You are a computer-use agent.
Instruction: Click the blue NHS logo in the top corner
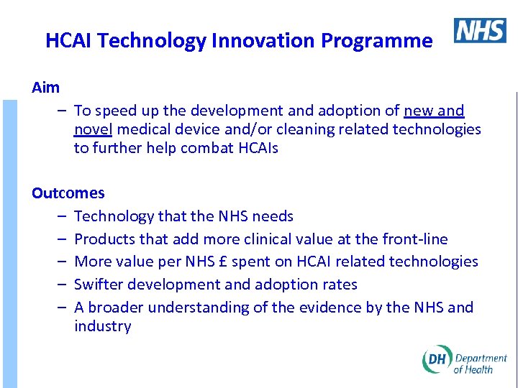tap(480, 30)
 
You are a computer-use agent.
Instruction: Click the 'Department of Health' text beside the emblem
tap(480, 364)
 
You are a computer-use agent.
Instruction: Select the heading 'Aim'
tap(46, 88)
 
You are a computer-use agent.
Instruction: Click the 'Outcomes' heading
tap(68, 193)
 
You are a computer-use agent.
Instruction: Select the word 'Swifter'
tap(99, 285)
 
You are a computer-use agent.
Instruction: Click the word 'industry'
tap(102, 326)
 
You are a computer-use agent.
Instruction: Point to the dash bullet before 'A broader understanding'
tap(63, 308)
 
